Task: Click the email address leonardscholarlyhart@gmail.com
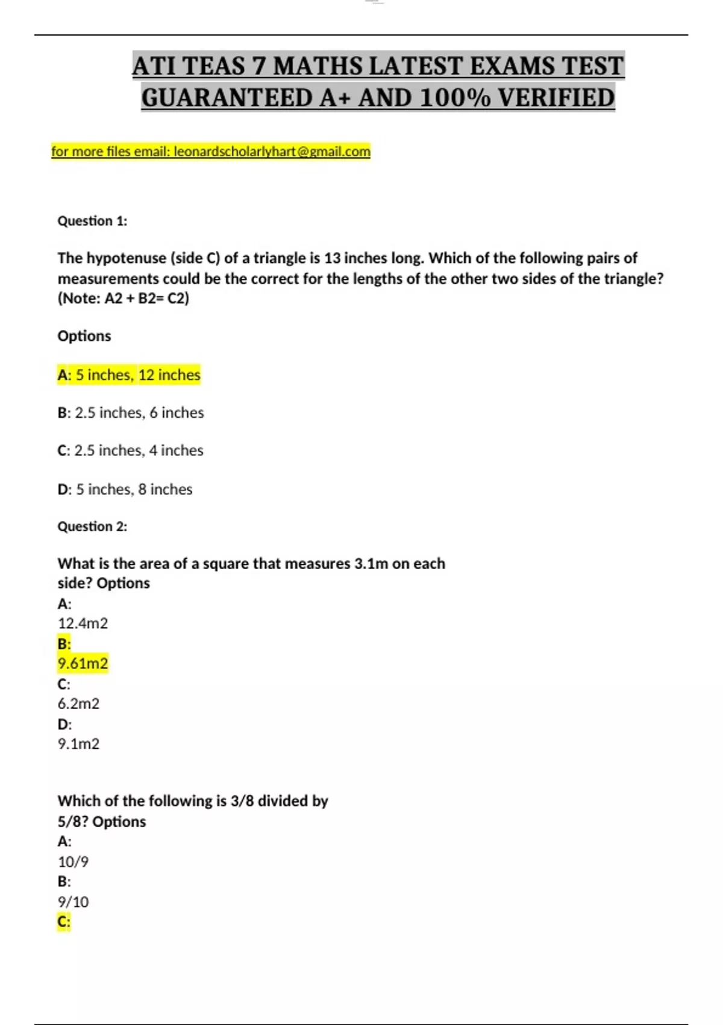point(272,151)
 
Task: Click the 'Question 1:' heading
point(92,221)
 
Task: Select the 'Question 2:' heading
point(92,526)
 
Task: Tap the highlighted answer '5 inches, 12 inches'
point(138,375)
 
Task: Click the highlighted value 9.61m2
point(83,664)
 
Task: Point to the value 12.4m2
point(83,623)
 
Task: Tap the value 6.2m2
point(78,704)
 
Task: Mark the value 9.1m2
point(78,744)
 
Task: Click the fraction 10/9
point(73,862)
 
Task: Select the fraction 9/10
point(73,902)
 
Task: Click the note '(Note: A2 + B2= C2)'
point(123,298)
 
